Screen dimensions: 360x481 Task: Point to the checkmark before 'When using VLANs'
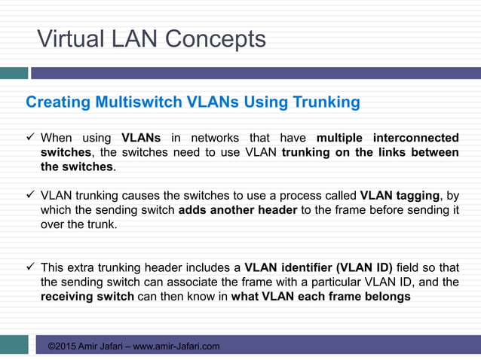[31, 138]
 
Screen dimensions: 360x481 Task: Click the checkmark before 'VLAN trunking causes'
[31, 195]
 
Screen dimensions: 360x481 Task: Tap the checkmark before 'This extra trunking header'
[31, 267]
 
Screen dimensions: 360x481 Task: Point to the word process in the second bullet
[280, 195]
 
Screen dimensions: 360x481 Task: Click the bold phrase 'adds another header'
[237, 209]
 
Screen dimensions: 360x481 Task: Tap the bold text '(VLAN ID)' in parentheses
[365, 267]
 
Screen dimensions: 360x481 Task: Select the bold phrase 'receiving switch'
[87, 296]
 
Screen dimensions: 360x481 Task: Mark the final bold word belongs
[385, 296]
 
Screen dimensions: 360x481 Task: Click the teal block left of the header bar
[14, 73]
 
